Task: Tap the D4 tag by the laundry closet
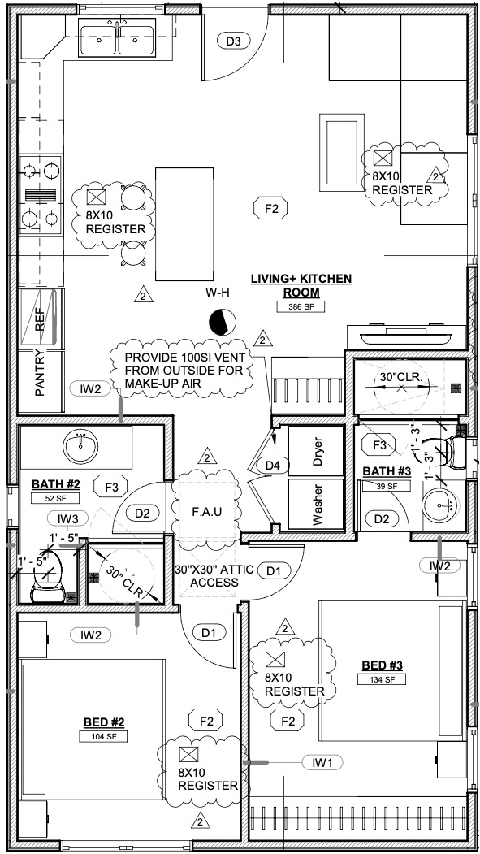[x=272, y=466]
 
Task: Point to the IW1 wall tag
[x=322, y=763]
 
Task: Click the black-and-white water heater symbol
[x=222, y=322]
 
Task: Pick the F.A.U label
[x=207, y=512]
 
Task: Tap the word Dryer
[x=318, y=452]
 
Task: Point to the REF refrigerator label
[x=40, y=321]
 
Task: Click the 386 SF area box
[x=301, y=306]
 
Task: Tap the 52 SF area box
[x=55, y=498]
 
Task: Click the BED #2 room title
[x=104, y=722]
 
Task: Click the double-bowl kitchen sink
[x=117, y=37]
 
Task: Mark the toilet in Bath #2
[x=50, y=577]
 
